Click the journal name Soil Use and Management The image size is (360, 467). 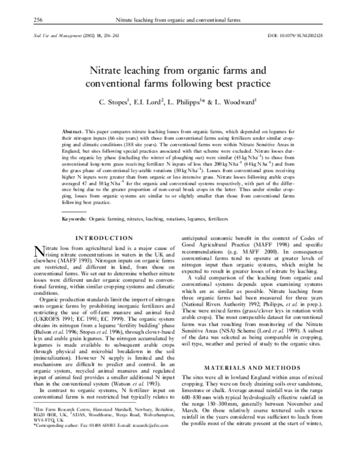55,36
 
